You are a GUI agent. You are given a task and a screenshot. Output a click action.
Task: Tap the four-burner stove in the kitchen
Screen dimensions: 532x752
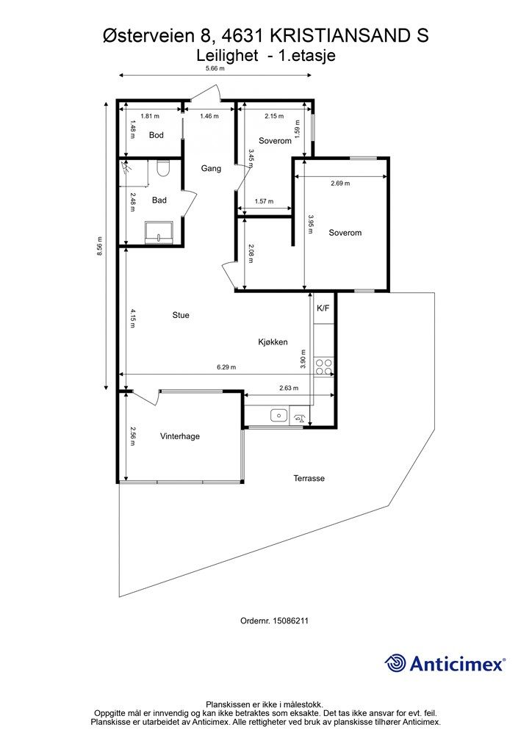point(323,367)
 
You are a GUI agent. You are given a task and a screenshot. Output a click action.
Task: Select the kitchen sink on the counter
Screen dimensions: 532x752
point(278,416)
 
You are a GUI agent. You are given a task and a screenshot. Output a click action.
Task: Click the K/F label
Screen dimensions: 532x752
point(323,308)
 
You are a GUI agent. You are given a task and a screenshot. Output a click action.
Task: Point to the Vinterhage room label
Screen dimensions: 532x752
point(180,436)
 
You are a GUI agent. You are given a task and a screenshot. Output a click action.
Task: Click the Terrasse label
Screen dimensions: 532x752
point(309,478)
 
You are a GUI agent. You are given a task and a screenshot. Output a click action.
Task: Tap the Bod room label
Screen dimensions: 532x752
point(157,135)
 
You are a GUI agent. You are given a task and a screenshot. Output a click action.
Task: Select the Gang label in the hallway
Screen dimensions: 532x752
point(211,168)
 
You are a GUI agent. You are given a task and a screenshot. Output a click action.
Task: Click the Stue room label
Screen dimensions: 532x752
point(181,315)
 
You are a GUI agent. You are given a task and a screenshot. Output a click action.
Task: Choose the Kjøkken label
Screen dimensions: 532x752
point(273,342)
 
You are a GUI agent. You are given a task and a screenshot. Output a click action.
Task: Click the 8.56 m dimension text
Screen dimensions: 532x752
point(99,247)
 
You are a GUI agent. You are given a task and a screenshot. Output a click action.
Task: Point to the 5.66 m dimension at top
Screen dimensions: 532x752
point(215,68)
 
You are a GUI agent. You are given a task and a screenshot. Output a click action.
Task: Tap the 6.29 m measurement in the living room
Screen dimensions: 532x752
point(226,367)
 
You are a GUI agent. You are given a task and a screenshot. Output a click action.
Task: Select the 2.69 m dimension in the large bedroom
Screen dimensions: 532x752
point(341,183)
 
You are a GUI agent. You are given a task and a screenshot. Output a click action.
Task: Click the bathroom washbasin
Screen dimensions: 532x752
point(159,231)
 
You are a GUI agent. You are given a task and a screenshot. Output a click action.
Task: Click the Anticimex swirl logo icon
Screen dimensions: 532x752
point(395,663)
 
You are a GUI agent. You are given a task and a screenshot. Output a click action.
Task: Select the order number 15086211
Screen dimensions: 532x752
point(290,621)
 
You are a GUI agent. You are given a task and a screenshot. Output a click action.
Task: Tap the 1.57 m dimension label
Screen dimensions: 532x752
point(264,201)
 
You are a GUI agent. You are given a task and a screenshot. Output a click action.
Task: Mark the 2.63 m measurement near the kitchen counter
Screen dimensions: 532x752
point(289,388)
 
